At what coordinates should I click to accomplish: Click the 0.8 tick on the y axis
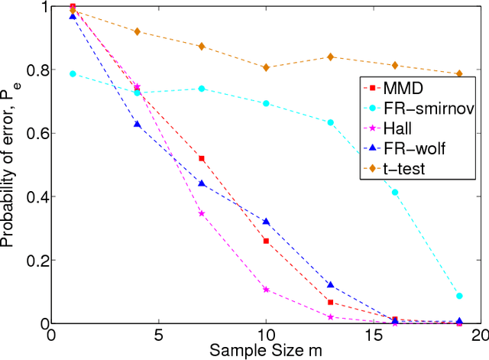(x=34, y=70)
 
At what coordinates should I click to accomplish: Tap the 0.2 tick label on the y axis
(x=34, y=260)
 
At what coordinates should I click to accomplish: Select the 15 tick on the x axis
(x=373, y=334)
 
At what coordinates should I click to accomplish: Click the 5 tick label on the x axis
(x=158, y=334)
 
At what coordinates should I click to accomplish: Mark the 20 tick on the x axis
(x=479, y=334)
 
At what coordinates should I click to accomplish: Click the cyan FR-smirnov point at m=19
(x=459, y=296)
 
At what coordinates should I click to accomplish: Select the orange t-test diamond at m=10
(x=266, y=67)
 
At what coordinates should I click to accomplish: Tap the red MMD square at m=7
(x=202, y=158)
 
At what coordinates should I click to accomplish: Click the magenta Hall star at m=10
(x=266, y=290)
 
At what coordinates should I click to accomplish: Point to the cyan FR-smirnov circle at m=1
(x=73, y=73)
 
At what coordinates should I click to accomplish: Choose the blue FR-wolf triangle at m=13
(x=330, y=284)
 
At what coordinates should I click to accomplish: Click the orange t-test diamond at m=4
(x=137, y=31)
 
